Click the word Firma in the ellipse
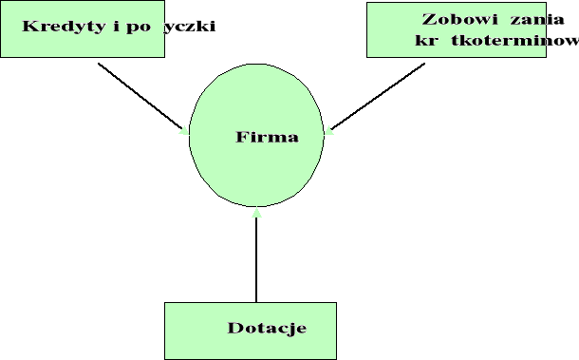click(267, 137)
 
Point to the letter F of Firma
click(241, 137)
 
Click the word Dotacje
click(267, 329)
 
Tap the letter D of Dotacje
click(233, 329)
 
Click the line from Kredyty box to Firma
click(138, 94)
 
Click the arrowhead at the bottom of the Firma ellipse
click(256, 213)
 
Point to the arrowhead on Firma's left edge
click(184, 132)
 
